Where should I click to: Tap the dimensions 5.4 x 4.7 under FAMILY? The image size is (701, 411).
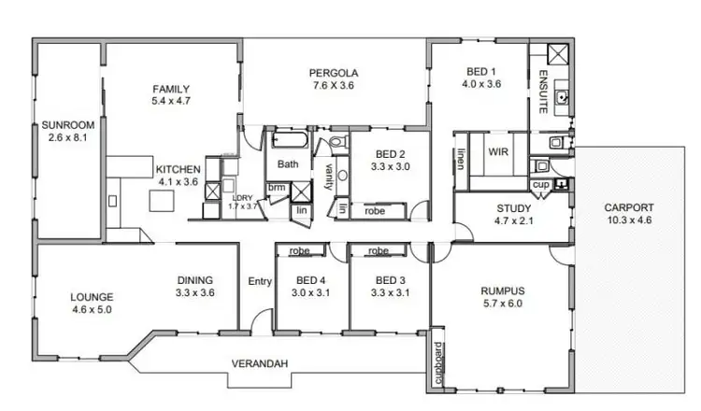[171, 102]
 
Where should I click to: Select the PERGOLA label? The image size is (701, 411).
[335, 73]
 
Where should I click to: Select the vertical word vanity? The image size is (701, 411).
[329, 176]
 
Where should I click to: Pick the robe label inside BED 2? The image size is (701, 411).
[375, 212]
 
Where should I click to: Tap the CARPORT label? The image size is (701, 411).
[628, 208]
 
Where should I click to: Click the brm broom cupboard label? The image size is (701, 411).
[277, 187]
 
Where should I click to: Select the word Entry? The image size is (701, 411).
[259, 281]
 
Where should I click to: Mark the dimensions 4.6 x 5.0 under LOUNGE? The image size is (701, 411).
[92, 310]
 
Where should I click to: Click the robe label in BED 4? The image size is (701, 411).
[300, 251]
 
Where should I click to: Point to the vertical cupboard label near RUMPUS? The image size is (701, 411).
[437, 364]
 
